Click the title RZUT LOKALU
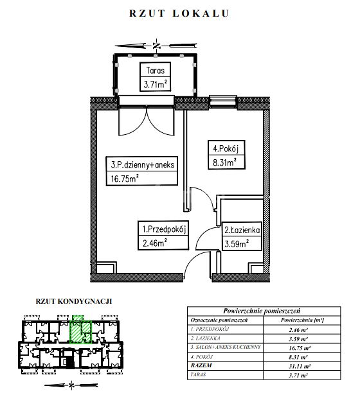[179, 13]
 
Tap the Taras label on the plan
[156, 71]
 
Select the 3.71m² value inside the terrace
[156, 84]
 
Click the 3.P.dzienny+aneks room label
[142, 164]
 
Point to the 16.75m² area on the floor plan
[125, 179]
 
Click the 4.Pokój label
[226, 148]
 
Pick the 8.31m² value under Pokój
[224, 162]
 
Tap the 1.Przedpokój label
[164, 229]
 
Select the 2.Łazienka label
[242, 230]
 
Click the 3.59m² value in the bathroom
[237, 243]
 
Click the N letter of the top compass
[157, 46]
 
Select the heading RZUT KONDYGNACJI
[74, 301]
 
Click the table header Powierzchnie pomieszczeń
[262, 311]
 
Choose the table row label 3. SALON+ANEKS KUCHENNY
[226, 347]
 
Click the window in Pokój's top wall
[223, 101]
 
